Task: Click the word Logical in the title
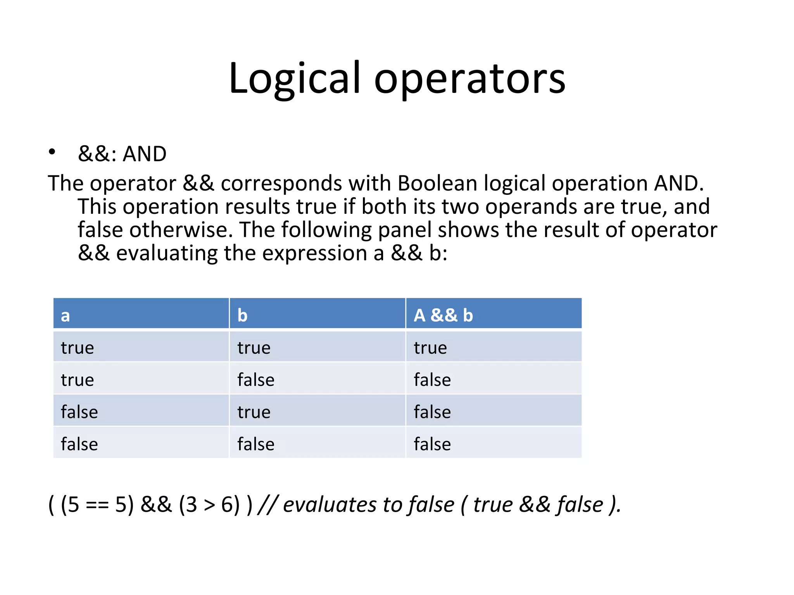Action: pos(295,79)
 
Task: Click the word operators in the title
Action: pos(469,79)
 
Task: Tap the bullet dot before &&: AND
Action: pos(52,152)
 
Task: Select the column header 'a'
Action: pos(66,315)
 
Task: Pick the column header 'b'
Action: pos(242,315)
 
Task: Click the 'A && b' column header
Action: pos(443,315)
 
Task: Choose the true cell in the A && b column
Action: pos(430,347)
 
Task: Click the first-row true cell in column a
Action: pos(77,347)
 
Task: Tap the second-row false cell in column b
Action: pos(255,380)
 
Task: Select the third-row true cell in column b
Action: pos(254,412)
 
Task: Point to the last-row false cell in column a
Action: pos(79,444)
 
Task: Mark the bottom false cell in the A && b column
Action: pos(432,444)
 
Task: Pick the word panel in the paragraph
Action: pos(404,230)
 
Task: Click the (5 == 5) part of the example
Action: pos(97,505)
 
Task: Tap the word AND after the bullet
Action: pos(144,154)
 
